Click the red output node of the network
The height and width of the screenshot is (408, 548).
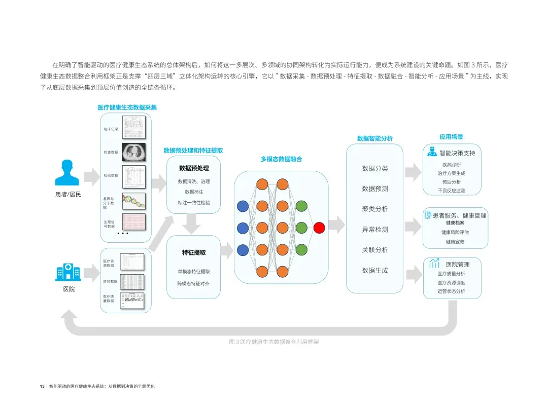coord(319,228)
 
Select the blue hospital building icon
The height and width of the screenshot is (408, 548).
coord(67,272)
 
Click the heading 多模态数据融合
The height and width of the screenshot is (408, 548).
coord(281,159)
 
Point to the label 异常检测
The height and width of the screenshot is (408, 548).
coord(374,230)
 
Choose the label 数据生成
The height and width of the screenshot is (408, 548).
coord(374,271)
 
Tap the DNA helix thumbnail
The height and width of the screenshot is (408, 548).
coord(133,201)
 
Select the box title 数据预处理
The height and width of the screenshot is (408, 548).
coord(194,168)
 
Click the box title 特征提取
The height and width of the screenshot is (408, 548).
coord(194,252)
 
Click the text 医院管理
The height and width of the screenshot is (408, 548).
coord(458,265)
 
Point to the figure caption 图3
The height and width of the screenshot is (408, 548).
coord(274,342)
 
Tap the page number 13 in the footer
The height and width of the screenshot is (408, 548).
coord(42,386)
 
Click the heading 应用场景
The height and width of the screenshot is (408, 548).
coord(451,137)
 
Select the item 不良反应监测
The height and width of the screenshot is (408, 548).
coord(451,191)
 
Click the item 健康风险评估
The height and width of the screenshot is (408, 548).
coord(455,232)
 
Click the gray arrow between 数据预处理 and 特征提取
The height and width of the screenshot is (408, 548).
coord(191,222)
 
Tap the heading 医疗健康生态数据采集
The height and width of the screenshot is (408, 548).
coord(127,107)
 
